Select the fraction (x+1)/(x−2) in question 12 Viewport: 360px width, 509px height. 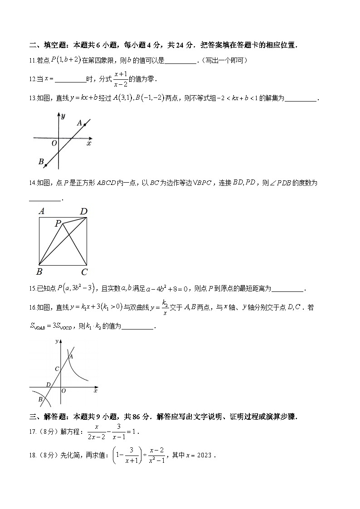[120, 79]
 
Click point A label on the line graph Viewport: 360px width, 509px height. [79, 122]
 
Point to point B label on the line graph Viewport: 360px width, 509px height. [41, 161]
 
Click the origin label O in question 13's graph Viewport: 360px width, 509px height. [54, 143]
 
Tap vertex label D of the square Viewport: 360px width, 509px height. [83, 211]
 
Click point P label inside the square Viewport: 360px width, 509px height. [58, 223]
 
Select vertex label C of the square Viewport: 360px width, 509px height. [84, 272]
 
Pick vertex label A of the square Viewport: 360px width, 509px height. [41, 211]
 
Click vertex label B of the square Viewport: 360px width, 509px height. [39, 272]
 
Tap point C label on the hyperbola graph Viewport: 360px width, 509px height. [56, 369]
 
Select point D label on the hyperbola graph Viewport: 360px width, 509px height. [48, 385]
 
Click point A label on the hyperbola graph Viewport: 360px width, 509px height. [71, 357]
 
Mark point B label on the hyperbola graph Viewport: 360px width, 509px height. [40, 399]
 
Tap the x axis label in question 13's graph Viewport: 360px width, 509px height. [89, 143]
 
